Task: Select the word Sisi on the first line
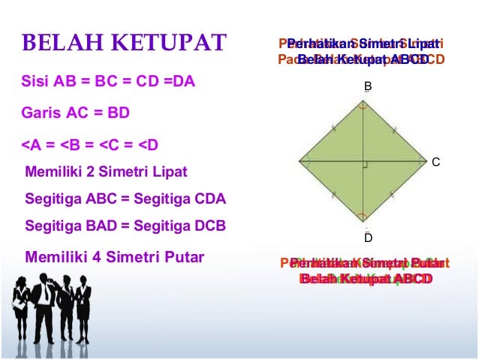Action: pos(37,80)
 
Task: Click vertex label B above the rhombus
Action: pos(368,87)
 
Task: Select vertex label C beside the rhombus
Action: pos(435,162)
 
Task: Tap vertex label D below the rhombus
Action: pos(368,237)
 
